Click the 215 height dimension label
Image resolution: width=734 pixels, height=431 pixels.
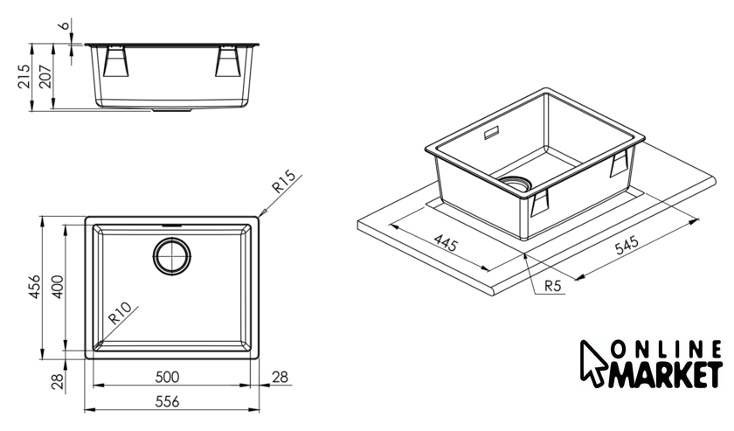(24, 75)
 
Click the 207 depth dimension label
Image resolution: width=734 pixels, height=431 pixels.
(45, 76)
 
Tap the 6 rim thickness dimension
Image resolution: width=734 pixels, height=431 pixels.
(64, 25)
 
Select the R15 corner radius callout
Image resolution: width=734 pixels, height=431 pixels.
(284, 182)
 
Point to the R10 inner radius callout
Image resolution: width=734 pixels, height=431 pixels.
(120, 313)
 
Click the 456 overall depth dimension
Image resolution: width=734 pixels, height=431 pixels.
(35, 287)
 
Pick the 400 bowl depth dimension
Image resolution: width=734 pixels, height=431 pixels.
(57, 287)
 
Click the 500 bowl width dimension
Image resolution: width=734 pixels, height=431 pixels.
(167, 377)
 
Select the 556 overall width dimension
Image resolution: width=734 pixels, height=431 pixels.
(167, 401)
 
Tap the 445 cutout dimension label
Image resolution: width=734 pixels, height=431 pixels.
(445, 243)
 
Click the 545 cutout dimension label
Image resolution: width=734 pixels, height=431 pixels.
(627, 245)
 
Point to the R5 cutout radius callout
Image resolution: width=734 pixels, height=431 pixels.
(553, 285)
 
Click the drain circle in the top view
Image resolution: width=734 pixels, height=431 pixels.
(172, 256)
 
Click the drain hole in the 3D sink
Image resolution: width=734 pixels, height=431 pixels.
(516, 184)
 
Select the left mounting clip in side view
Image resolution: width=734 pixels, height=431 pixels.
(115, 61)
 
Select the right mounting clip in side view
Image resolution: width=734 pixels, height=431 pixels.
(228, 61)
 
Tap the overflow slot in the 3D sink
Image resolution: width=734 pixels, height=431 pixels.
(491, 133)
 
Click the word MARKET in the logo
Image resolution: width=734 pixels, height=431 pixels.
(664, 374)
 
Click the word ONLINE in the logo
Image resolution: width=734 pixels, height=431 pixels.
(666, 349)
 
